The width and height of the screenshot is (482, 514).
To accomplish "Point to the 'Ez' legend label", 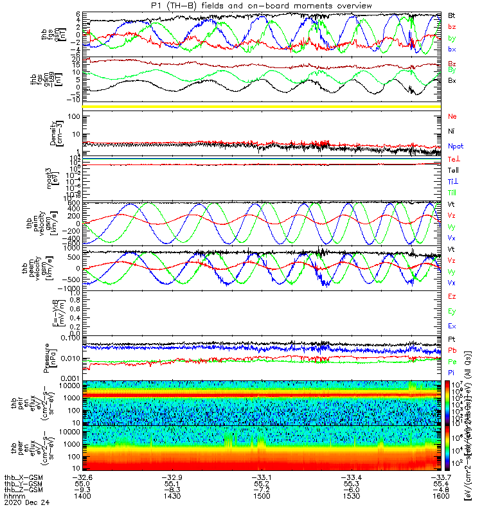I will (x=452, y=297).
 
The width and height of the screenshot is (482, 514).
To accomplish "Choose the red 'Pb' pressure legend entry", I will (x=452, y=351).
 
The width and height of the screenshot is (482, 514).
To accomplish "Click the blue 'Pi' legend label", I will (x=452, y=373).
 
